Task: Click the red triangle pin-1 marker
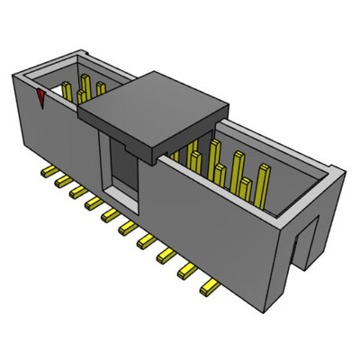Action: click(41, 98)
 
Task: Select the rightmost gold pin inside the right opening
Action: click(265, 180)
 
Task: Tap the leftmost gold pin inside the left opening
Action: click(67, 89)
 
